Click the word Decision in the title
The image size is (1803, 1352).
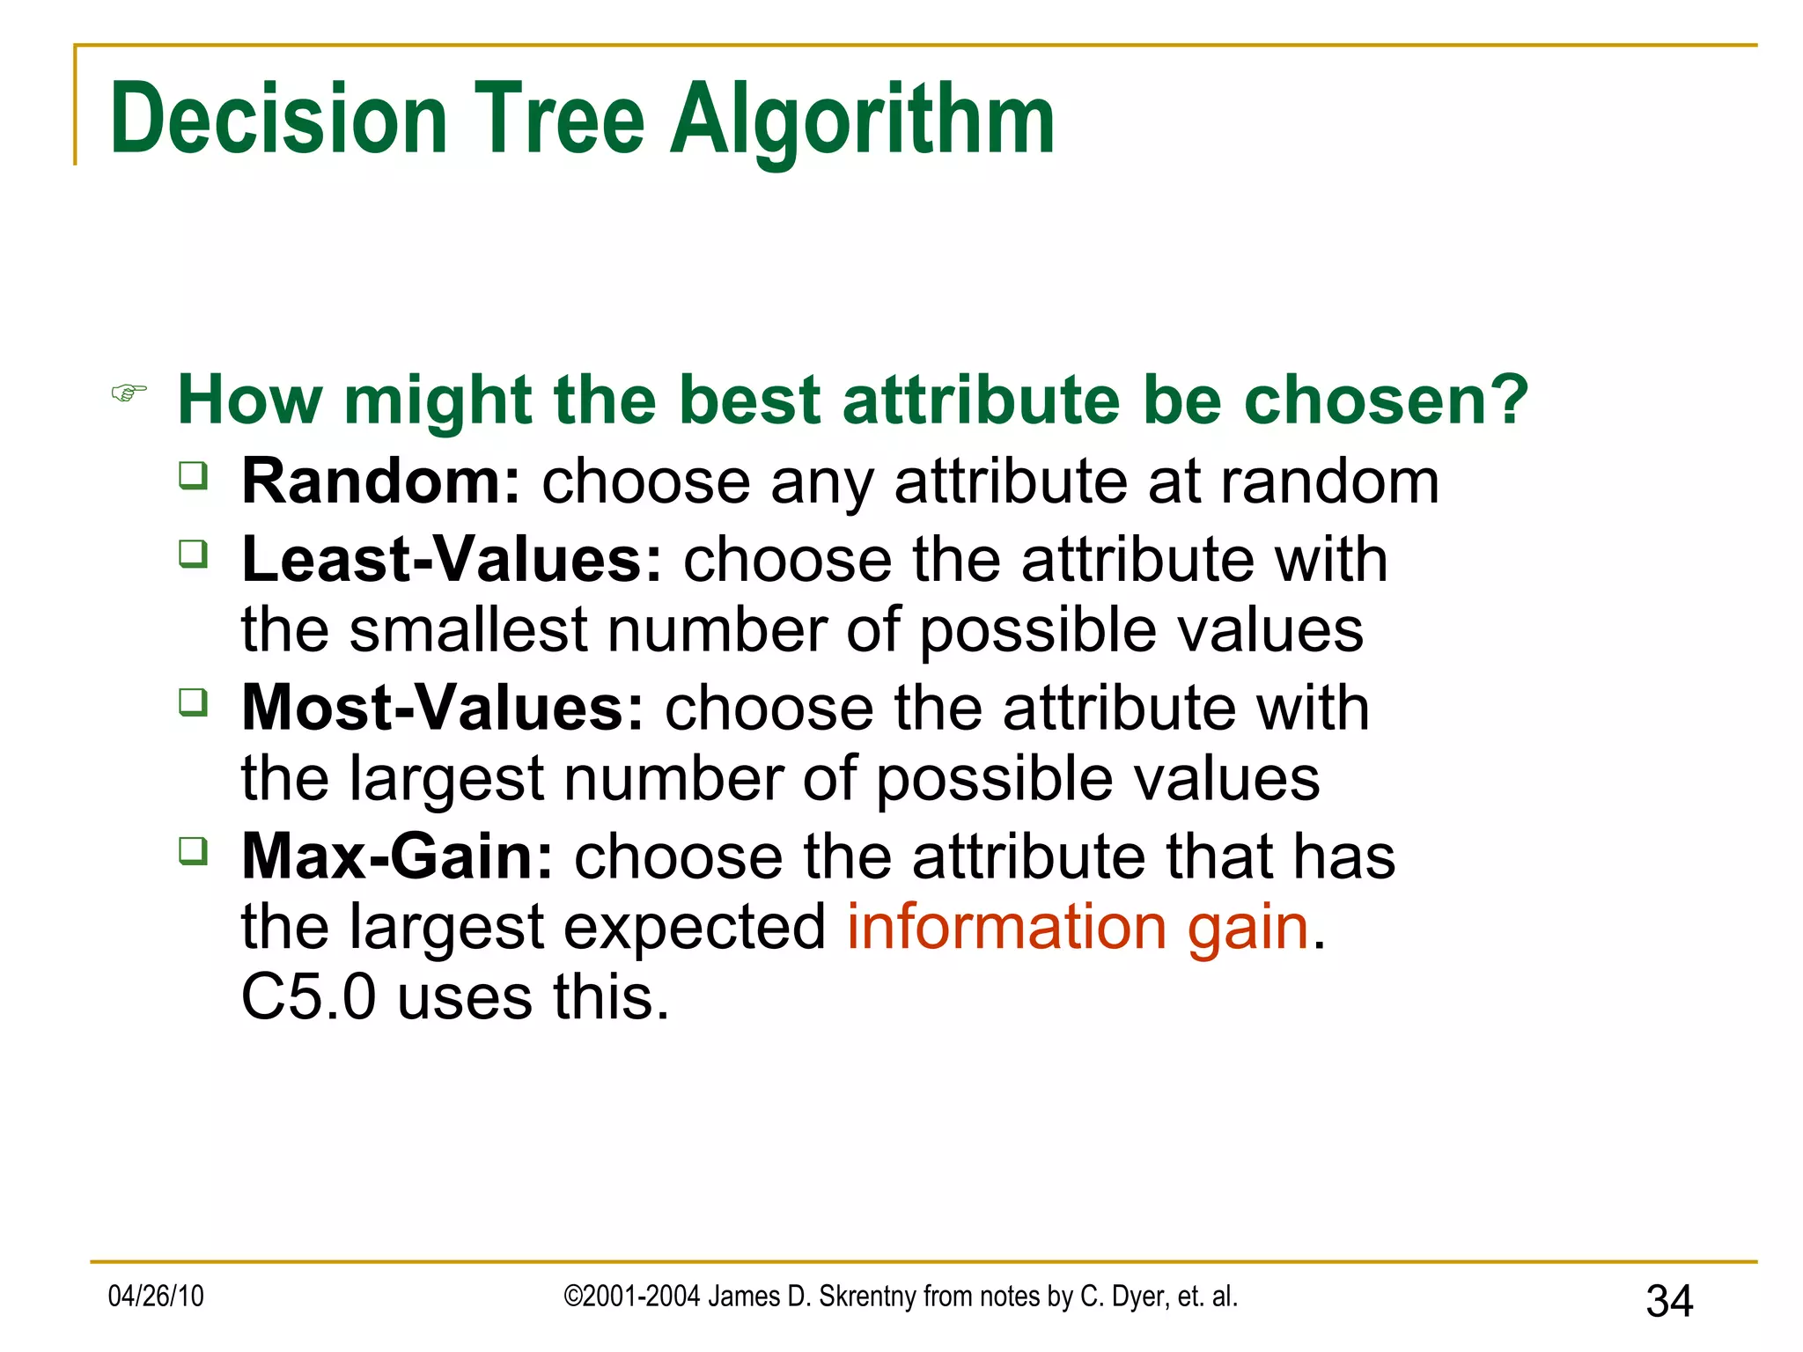(279, 119)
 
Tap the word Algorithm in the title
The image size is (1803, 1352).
(862, 121)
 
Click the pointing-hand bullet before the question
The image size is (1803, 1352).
(129, 393)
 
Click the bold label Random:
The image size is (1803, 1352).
(381, 481)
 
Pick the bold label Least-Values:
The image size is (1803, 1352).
(451, 560)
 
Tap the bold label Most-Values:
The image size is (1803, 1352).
(443, 708)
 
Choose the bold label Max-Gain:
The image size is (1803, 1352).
(397, 856)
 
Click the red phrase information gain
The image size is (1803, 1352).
(1078, 928)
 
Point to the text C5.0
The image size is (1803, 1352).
(308, 998)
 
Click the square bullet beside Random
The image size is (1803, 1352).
(194, 476)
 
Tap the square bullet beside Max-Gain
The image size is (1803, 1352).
(194, 851)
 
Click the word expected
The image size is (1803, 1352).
(694, 928)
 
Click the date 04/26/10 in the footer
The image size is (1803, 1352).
(156, 1296)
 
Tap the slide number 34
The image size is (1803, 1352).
(1668, 1301)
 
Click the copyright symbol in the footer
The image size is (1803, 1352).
(572, 1297)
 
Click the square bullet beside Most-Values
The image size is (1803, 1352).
(194, 702)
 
